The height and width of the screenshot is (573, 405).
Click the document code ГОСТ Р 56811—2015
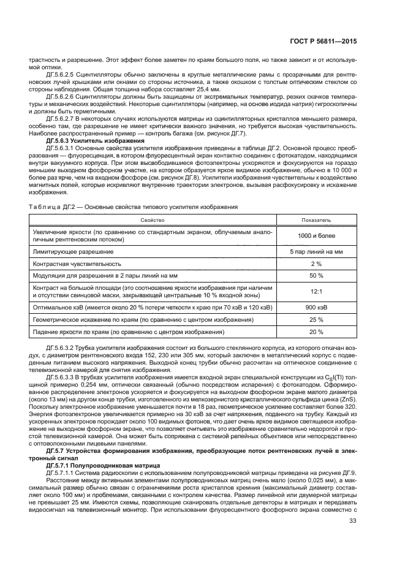pos(324,42)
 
